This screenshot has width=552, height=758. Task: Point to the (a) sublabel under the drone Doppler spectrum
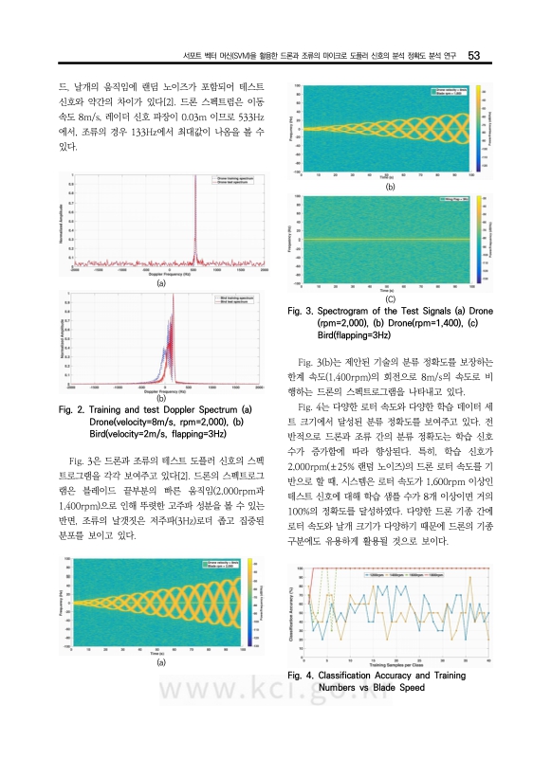point(160,283)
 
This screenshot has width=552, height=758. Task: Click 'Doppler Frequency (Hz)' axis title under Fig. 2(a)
point(159,275)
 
